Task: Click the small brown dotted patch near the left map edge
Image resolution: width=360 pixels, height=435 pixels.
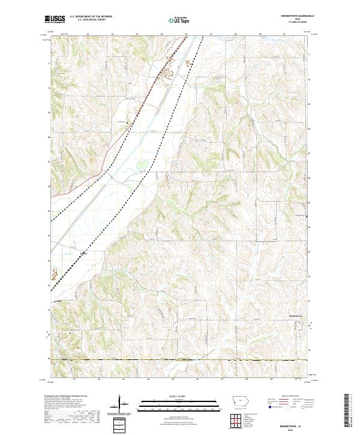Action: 55,274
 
